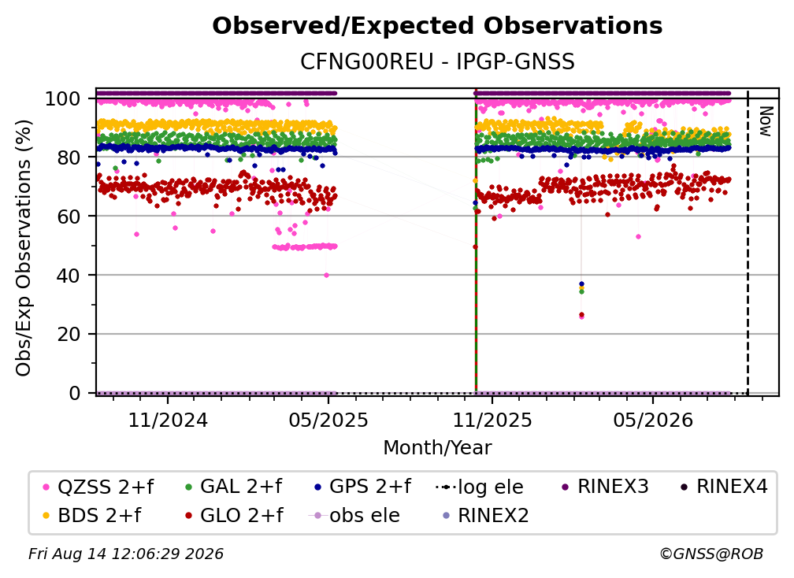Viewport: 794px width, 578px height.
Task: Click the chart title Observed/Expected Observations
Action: click(x=437, y=26)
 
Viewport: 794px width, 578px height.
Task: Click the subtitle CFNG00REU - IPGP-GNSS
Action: click(x=437, y=62)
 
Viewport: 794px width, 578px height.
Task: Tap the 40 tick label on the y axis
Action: click(x=69, y=276)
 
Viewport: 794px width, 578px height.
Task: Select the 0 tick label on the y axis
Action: click(x=75, y=393)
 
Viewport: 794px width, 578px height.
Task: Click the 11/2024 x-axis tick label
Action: click(x=168, y=421)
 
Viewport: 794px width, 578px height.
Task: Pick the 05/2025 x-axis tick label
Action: click(x=328, y=421)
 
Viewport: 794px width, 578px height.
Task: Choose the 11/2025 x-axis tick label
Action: click(x=492, y=421)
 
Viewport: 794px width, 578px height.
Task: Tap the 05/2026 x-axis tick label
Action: click(x=653, y=421)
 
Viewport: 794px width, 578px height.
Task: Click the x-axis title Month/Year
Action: click(x=437, y=448)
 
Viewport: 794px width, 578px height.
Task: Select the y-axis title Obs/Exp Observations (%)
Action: click(x=24, y=247)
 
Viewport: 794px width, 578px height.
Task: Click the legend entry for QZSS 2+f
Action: click(x=98, y=487)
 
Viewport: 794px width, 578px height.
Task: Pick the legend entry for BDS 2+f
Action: click(x=92, y=515)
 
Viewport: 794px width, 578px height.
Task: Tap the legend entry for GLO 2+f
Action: click(x=235, y=515)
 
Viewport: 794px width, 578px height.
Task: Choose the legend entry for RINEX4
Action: click(x=724, y=487)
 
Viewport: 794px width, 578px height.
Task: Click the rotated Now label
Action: click(x=765, y=121)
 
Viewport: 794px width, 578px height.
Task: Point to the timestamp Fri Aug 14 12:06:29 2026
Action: click(x=125, y=554)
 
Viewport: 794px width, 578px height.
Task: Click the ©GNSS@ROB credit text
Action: click(x=711, y=554)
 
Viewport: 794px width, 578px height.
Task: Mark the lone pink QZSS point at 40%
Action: click(x=326, y=276)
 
